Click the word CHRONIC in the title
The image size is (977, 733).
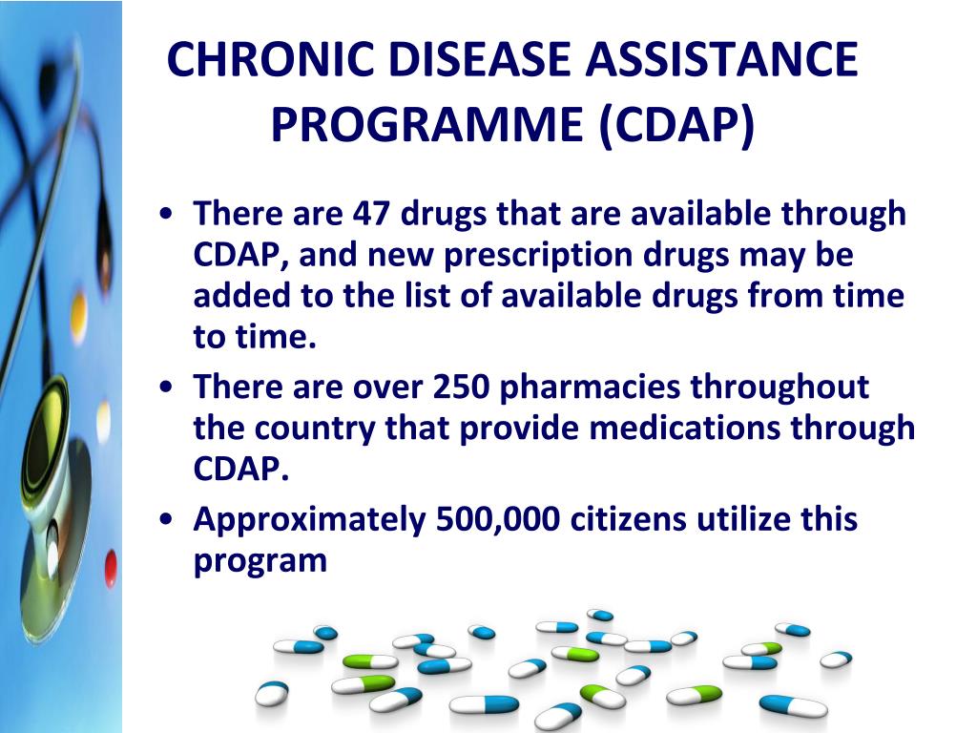click(270, 59)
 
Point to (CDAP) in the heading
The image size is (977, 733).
click(676, 125)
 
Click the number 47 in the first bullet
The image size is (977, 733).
click(371, 213)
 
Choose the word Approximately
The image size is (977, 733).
click(310, 520)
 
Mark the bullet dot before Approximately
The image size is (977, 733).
click(166, 519)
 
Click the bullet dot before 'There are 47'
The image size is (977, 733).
click(166, 214)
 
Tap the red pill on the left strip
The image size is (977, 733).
click(111, 567)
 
